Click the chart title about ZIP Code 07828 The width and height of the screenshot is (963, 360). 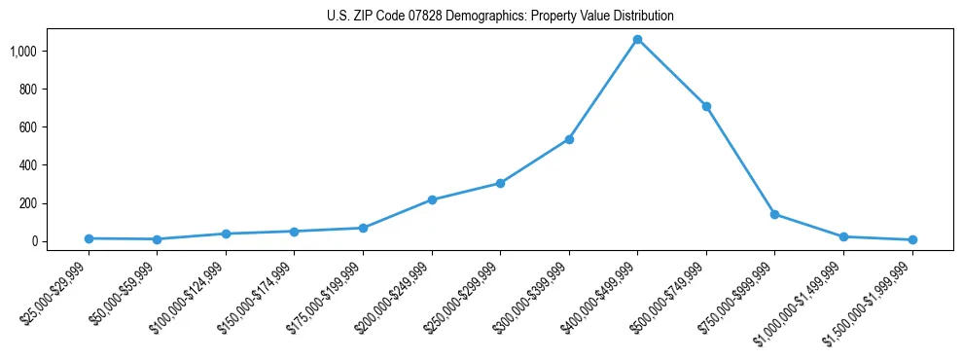tap(500, 17)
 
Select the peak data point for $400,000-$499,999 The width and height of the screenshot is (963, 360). tap(637, 40)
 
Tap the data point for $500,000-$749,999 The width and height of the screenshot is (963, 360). tap(706, 106)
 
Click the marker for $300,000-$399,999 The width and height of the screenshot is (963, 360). tap(569, 139)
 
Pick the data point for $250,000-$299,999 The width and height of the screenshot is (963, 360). tap(500, 183)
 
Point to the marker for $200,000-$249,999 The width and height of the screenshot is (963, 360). tap(432, 199)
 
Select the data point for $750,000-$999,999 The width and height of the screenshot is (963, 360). tap(774, 214)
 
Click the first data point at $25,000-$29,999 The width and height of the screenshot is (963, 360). tap(89, 238)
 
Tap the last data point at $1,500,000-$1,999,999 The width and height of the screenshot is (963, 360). tap(912, 239)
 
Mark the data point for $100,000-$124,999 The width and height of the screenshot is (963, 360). tap(226, 234)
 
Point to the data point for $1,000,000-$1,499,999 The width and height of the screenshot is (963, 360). tap(843, 236)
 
